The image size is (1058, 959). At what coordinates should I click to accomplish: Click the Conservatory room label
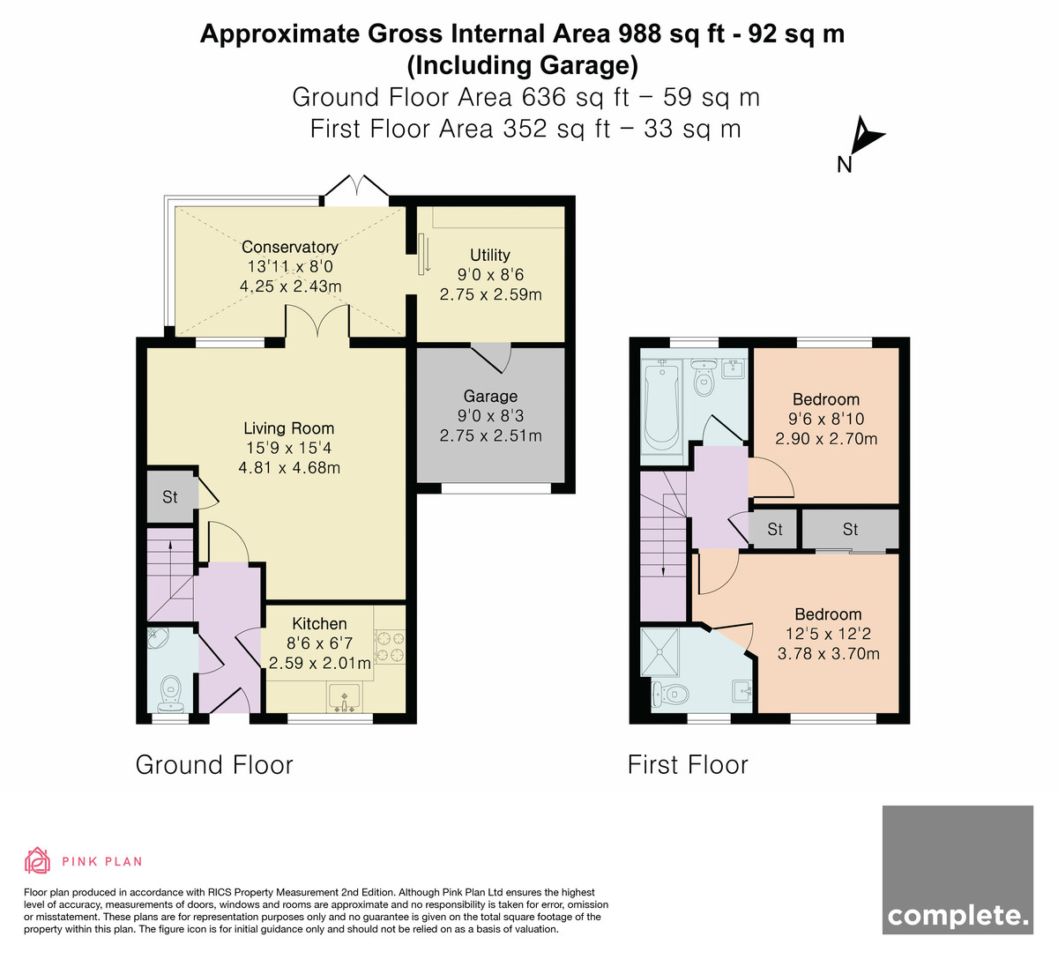point(289,247)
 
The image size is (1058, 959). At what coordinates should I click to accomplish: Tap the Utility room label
point(490,256)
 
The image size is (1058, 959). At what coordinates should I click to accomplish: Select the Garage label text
point(490,396)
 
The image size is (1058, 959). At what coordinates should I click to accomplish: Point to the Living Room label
point(288,428)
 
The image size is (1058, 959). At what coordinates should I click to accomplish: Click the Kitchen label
point(319,623)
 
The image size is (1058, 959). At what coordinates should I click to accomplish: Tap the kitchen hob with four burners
point(390,647)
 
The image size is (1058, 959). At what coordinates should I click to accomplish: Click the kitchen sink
point(345,697)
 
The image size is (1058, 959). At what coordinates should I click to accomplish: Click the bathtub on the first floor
point(661,405)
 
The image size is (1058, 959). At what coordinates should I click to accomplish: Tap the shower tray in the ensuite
point(659,652)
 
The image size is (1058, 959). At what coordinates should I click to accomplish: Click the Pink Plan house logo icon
point(37,860)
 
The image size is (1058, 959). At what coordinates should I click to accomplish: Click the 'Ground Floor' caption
point(214,765)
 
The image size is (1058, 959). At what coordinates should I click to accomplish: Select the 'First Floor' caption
point(688,765)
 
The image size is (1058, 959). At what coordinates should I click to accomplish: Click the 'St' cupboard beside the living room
point(170,497)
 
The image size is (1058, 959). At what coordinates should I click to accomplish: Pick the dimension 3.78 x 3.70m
point(829,654)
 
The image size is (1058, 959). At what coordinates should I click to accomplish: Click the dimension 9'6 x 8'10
point(826,419)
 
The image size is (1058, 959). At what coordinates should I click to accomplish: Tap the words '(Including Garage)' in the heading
point(523,66)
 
